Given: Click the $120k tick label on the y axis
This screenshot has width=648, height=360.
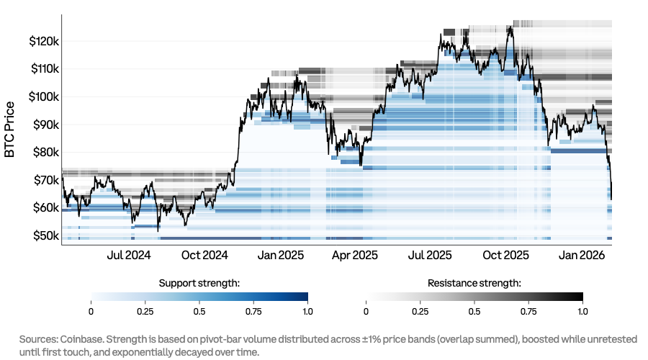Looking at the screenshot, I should [43, 42].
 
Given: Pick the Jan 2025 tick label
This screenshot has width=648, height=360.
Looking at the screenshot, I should [281, 256].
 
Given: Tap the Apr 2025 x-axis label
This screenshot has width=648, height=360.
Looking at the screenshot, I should [355, 256].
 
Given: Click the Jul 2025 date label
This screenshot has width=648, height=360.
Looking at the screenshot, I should [430, 256].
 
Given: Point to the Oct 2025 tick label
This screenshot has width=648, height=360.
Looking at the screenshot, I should [505, 256].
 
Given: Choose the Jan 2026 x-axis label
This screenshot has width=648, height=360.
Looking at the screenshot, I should [582, 256].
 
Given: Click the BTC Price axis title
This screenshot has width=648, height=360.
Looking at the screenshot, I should [10, 130].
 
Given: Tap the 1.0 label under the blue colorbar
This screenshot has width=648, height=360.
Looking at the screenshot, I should [307, 311].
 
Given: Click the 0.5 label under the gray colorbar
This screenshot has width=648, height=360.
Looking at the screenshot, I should [474, 311].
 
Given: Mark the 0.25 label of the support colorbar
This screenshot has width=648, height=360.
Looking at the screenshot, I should [145, 311].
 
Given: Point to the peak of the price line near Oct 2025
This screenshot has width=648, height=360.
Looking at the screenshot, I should [510, 27].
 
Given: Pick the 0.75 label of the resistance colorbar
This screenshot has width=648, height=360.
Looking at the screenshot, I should [528, 311].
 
